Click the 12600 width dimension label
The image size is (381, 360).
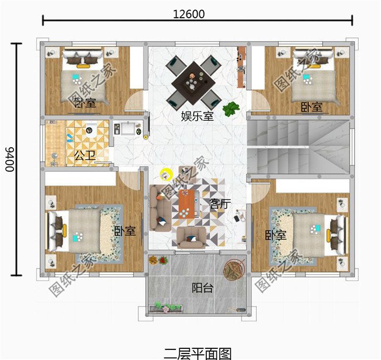point(189,14)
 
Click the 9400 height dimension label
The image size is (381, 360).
point(10,159)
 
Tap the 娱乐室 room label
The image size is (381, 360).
point(198,117)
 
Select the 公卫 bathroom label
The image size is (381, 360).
point(85,155)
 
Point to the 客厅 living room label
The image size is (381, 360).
point(220,203)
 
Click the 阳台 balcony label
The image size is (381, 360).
point(203,288)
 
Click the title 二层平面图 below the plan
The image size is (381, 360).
point(198,354)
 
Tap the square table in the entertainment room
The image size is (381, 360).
point(193,83)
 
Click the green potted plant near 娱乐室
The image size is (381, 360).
point(231,108)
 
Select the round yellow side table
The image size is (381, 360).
point(166,175)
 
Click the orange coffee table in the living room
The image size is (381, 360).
point(186,204)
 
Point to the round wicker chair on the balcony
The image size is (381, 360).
point(234,269)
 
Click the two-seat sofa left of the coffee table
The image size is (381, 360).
point(160,208)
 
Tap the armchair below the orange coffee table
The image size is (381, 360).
point(192,237)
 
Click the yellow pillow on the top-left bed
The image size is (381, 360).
point(83,66)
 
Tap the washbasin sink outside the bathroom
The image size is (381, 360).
point(128,128)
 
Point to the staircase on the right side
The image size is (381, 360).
point(298,147)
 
